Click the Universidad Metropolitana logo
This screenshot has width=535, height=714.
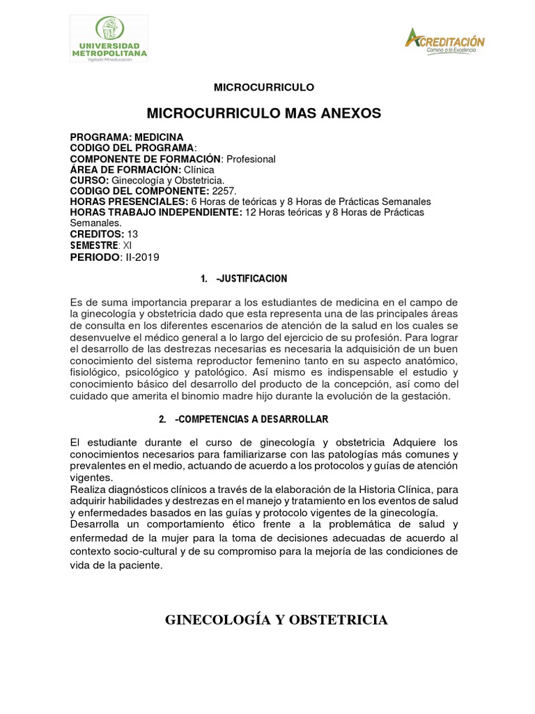(109, 39)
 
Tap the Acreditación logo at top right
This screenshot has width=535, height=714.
(444, 42)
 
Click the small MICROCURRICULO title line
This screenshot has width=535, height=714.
(264, 87)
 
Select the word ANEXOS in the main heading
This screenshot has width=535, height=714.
(345, 113)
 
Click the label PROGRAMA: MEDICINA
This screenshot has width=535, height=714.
(127, 137)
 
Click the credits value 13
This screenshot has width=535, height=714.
(133, 234)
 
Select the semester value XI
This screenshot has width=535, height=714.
(127, 245)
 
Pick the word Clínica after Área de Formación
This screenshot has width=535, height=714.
(200, 169)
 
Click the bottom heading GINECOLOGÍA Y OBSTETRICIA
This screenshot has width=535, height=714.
(276, 620)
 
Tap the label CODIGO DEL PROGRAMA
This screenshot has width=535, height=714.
(132, 148)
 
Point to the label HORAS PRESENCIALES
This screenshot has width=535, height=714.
(129, 202)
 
